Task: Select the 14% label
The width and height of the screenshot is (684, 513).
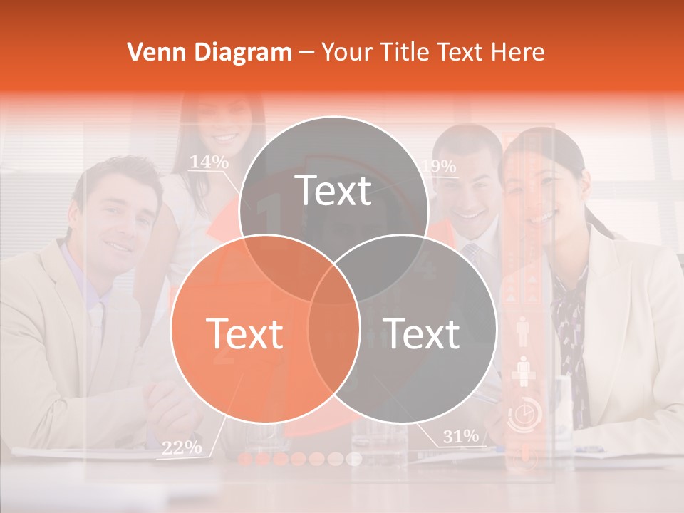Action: click(x=209, y=162)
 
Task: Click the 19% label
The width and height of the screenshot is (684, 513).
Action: click(x=438, y=167)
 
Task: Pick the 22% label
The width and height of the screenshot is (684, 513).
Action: click(x=181, y=447)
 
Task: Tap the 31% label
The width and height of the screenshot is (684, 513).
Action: click(x=460, y=436)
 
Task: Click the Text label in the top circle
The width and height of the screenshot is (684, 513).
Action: click(x=333, y=190)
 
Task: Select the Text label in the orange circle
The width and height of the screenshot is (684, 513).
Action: click(x=244, y=333)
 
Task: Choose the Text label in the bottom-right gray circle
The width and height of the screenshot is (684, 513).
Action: click(x=422, y=333)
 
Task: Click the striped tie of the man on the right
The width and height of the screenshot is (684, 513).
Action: click(x=471, y=254)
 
